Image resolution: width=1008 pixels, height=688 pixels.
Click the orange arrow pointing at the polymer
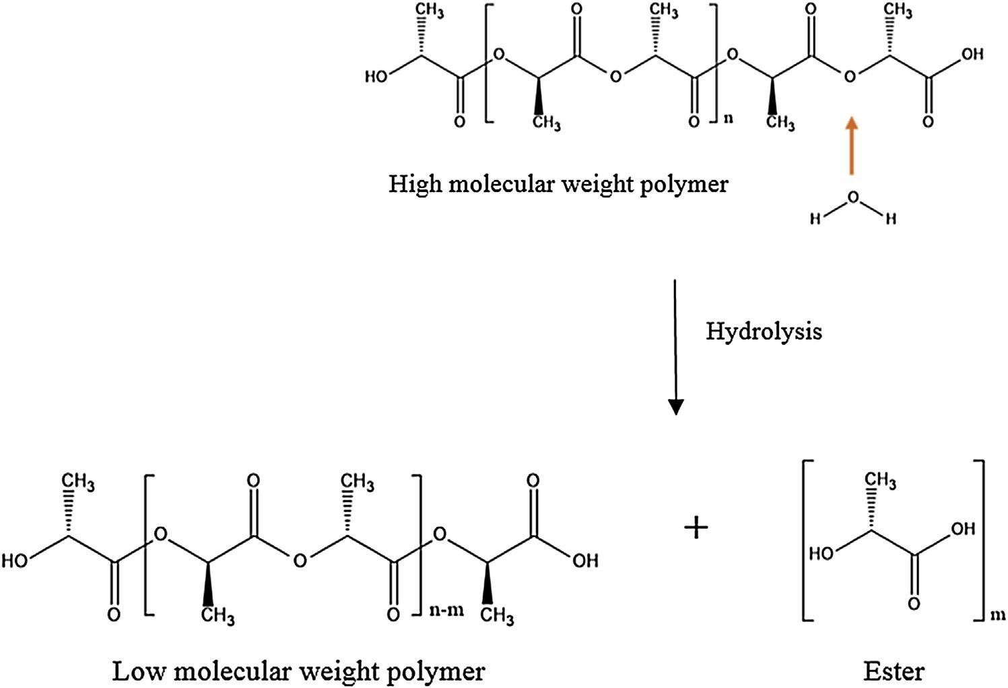(x=852, y=146)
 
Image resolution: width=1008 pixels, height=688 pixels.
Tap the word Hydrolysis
(x=764, y=332)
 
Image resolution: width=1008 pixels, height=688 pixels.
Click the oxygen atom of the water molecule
(x=853, y=197)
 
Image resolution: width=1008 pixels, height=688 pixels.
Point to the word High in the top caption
(x=413, y=184)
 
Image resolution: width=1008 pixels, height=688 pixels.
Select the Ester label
(x=894, y=671)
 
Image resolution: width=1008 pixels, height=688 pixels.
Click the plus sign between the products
(x=696, y=528)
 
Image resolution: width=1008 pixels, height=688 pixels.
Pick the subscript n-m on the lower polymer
(x=446, y=611)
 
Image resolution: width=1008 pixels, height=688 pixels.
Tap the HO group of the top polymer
(x=377, y=77)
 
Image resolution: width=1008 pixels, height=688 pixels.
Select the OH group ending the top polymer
(x=972, y=54)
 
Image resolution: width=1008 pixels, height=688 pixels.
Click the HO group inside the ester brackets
(x=820, y=554)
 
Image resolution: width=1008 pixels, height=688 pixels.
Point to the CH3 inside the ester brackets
(x=880, y=481)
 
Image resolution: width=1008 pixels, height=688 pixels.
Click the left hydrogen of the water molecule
(x=814, y=220)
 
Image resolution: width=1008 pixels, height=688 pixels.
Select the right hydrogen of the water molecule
(x=891, y=220)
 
